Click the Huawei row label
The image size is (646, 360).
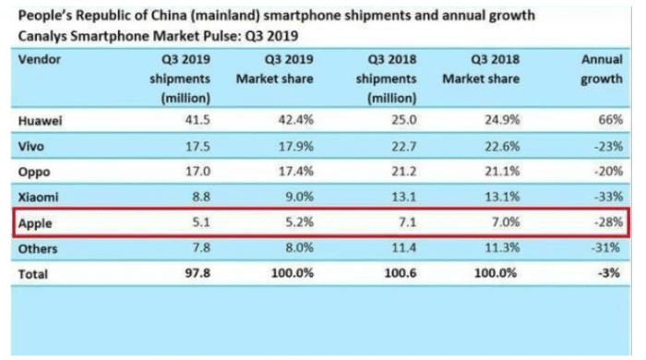click(40, 121)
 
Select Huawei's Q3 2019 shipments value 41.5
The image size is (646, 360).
click(197, 120)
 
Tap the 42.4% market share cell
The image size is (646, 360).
click(296, 120)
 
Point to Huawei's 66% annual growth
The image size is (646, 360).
click(611, 120)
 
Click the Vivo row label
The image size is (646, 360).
click(30, 146)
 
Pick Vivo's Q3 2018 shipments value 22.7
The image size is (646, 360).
click(404, 146)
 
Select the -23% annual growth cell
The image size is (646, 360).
click(608, 146)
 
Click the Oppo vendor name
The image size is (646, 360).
click(34, 173)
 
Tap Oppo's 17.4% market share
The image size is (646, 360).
click(296, 171)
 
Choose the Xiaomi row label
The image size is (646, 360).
click(39, 197)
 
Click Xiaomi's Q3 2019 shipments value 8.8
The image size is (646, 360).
click(201, 197)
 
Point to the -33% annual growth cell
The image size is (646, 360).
click(608, 197)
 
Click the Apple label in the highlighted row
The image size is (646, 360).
click(35, 223)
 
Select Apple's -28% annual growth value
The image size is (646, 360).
click(608, 222)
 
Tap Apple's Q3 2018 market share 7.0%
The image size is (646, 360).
click(506, 222)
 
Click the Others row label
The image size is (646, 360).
click(38, 249)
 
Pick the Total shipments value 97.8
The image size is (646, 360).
click(197, 273)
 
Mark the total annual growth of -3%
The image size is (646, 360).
click(609, 273)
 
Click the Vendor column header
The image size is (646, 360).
click(40, 59)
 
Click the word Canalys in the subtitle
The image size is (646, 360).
click(42, 36)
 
